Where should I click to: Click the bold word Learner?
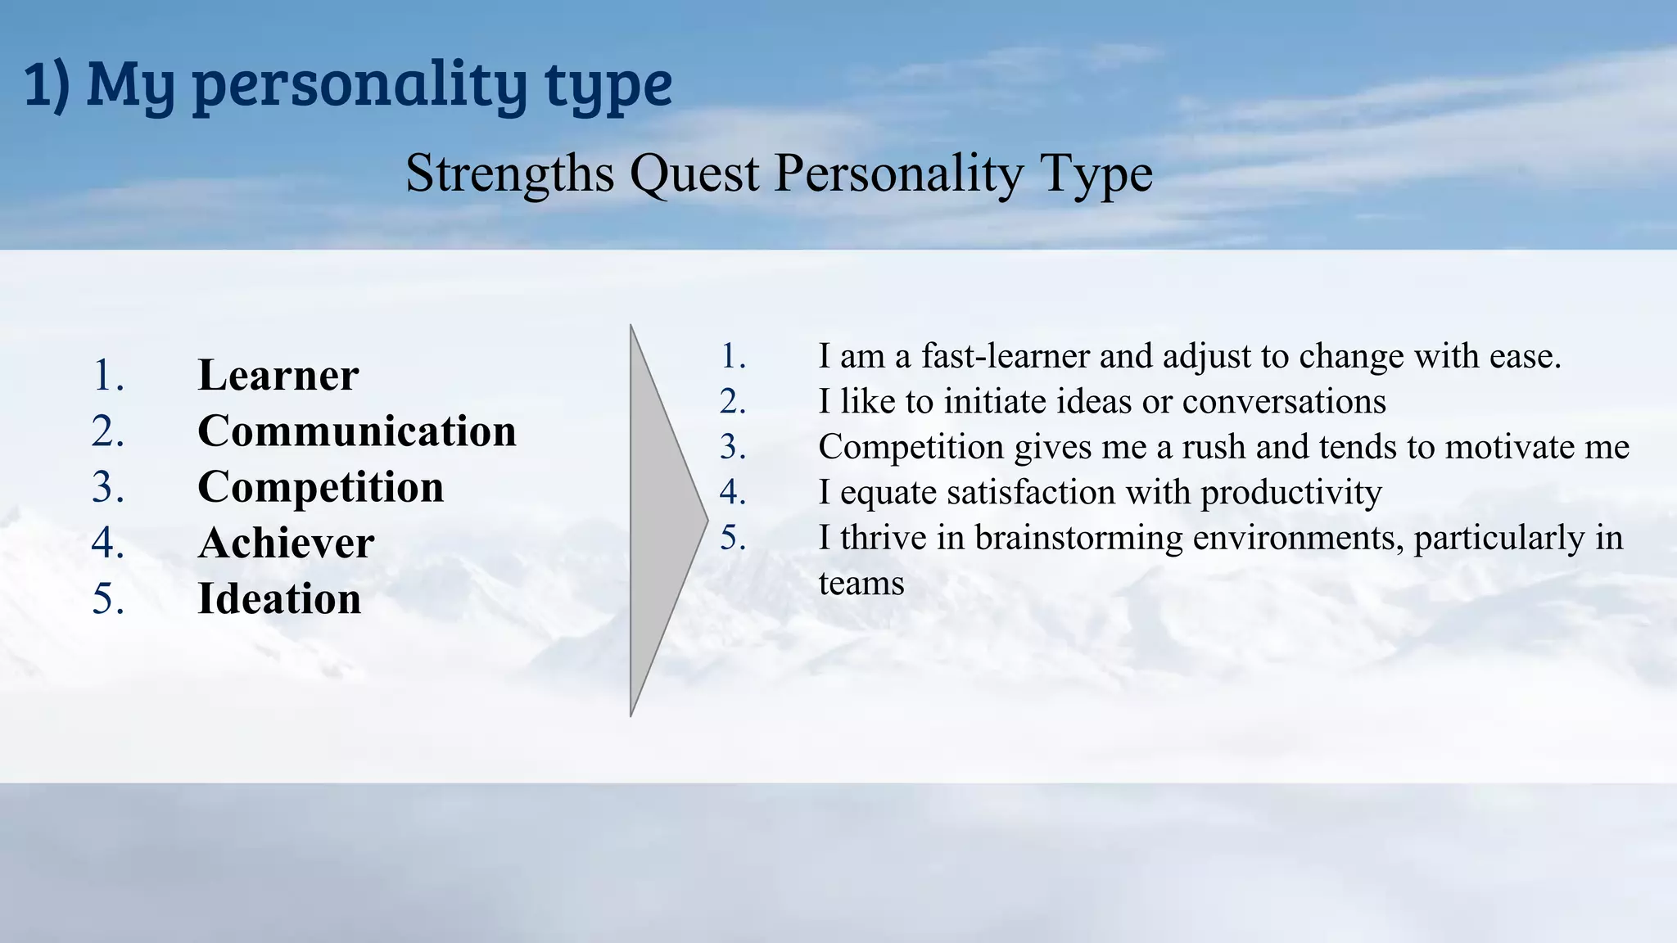(278, 376)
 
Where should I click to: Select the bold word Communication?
(357, 431)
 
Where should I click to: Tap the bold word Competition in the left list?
(321, 487)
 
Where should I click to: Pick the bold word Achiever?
(286, 543)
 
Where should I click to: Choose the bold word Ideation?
(279, 598)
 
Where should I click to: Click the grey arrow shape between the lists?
(660, 521)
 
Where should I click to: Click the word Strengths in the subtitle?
(509, 174)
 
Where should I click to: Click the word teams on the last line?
(861, 584)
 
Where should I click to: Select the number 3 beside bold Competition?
(107, 487)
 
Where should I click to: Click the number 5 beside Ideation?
(107, 598)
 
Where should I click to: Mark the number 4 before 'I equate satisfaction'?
(731, 493)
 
